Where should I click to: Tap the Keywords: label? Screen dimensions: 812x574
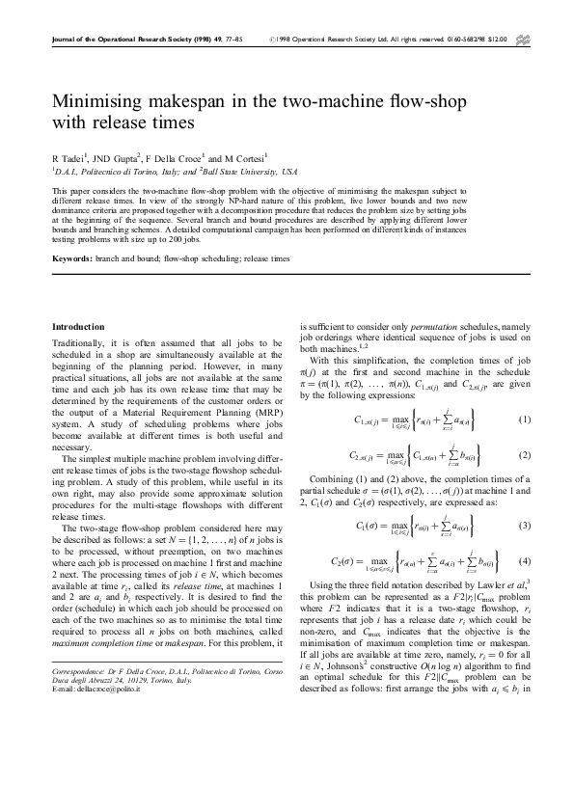pos(73,258)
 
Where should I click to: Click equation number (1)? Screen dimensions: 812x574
pos(524,420)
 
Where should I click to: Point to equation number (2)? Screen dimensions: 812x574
pos(524,455)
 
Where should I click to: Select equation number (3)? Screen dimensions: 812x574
pos(524,526)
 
